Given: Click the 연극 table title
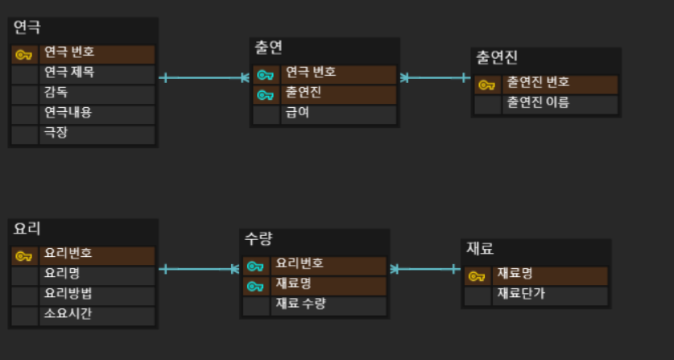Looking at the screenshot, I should (27, 27).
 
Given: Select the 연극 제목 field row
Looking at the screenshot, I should (68, 72).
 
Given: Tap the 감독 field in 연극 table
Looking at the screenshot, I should (56, 93).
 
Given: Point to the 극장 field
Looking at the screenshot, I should (56, 132).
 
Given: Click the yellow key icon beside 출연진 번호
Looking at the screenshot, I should (486, 84).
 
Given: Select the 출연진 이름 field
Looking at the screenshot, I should (537, 102).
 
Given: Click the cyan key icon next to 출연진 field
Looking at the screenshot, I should (264, 94).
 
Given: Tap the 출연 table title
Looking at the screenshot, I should (268, 48).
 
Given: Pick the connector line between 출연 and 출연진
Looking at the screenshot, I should (435, 78).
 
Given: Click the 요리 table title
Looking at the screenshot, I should (27, 229).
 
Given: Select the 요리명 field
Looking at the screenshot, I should (62, 273).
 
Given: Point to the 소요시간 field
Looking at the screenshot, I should (68, 313).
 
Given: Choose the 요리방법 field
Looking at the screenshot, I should (68, 293).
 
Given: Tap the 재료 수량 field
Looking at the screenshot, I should (302, 304).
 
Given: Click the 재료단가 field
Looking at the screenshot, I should (521, 294).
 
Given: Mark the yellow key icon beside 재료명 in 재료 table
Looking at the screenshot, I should (476, 275).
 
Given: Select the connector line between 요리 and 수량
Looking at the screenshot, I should (199, 269).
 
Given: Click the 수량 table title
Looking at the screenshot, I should (258, 238).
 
